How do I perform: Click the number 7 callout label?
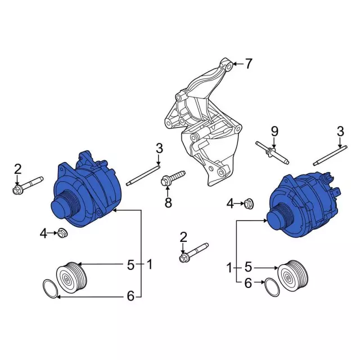point(249,64)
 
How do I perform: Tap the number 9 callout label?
point(274,132)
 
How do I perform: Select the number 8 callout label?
point(168,203)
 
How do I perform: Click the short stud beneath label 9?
point(272,152)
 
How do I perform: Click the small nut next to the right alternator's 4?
point(250,203)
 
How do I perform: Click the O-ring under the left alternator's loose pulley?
point(51,290)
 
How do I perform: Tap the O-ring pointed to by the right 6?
point(272,289)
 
